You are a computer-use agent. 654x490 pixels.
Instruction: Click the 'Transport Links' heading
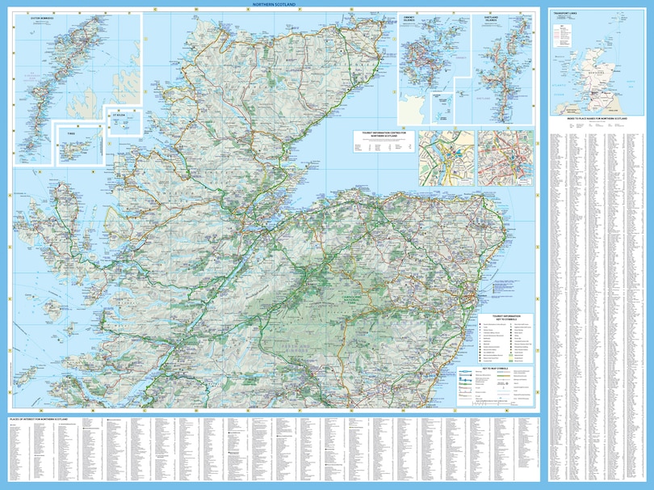click(562, 13)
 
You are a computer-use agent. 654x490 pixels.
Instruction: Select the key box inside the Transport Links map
click(564, 37)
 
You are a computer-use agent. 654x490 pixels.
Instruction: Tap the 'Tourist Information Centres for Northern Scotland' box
click(384, 136)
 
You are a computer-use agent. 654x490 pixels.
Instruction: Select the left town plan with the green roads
click(445, 158)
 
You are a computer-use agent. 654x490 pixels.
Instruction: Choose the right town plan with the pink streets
click(505, 158)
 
